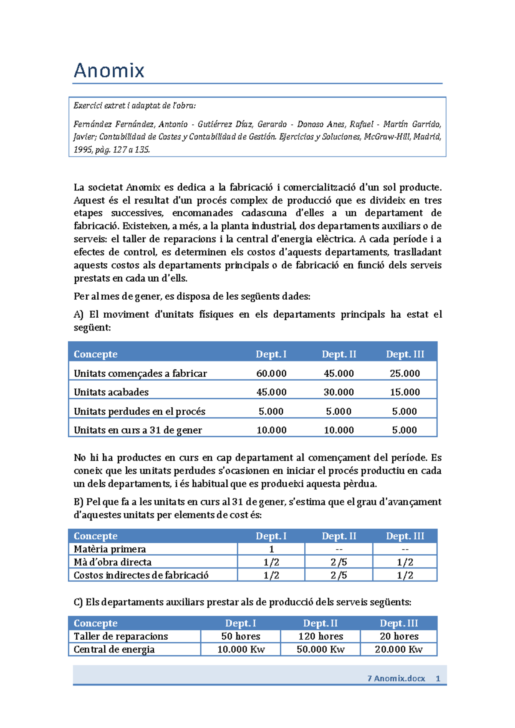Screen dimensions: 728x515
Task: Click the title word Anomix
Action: click(x=109, y=70)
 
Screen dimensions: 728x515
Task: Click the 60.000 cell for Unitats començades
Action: click(x=271, y=373)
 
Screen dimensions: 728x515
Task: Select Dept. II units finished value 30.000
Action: click(x=339, y=392)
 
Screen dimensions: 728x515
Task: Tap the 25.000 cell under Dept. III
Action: click(x=405, y=373)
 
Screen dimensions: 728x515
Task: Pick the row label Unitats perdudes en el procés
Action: click(x=139, y=412)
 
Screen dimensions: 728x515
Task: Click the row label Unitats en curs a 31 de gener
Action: click(x=138, y=430)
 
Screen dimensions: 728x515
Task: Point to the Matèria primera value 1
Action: click(x=271, y=549)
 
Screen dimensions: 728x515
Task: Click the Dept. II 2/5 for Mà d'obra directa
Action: click(x=339, y=562)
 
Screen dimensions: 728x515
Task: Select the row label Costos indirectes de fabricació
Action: click(x=141, y=575)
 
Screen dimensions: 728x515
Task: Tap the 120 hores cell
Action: click(x=321, y=636)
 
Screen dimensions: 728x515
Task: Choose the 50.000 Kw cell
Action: click(x=321, y=650)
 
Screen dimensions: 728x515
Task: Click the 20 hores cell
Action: click(x=399, y=636)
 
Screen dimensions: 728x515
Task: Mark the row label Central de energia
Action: click(x=114, y=650)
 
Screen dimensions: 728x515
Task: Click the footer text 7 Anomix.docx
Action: click(x=396, y=679)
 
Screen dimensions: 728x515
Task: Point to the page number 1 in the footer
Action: click(x=438, y=679)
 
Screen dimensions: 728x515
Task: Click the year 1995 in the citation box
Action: click(x=82, y=150)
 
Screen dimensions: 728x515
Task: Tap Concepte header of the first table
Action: click(x=95, y=354)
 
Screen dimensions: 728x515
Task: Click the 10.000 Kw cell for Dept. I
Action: click(x=241, y=650)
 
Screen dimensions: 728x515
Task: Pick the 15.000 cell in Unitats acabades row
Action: click(x=405, y=392)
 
